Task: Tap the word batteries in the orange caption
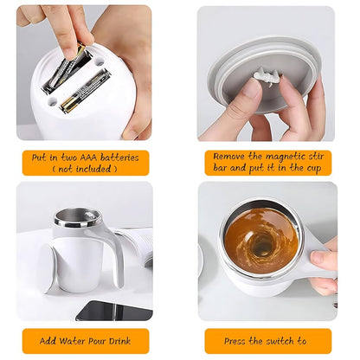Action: pyautogui.click(x=119, y=157)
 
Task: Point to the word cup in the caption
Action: pyautogui.click(x=313, y=169)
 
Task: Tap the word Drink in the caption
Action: pyautogui.click(x=119, y=341)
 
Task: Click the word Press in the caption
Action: pyautogui.click(x=235, y=341)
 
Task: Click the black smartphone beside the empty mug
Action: pyautogui.click(x=114, y=311)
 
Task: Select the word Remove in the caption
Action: pyautogui.click(x=229, y=157)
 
